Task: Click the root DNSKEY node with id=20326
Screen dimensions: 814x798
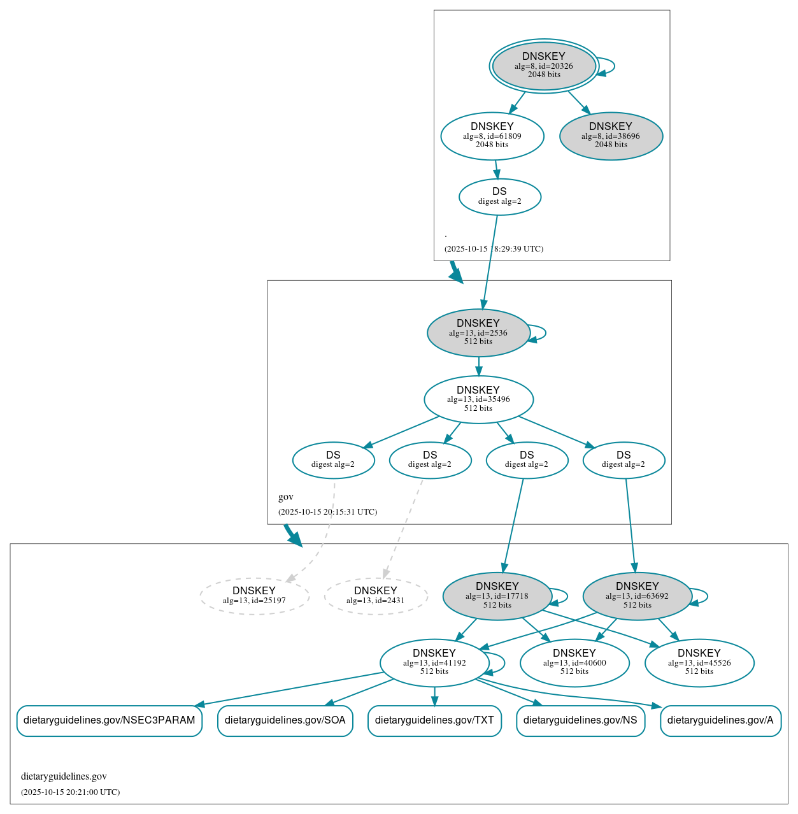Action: [543, 66]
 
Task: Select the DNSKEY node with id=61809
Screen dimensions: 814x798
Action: [492, 136]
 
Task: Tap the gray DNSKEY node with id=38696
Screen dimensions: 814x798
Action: [611, 136]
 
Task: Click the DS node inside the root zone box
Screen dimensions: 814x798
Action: [499, 197]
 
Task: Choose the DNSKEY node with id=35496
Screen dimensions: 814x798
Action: [478, 399]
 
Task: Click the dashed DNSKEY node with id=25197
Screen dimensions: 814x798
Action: [254, 596]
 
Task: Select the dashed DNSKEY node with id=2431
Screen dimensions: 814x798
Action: [375, 596]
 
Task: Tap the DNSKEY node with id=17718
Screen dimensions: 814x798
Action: [497, 596]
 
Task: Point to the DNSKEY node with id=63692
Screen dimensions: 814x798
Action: [637, 596]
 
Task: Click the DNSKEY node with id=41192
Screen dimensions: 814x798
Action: [434, 662]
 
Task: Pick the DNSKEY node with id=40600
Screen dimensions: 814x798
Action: [574, 662]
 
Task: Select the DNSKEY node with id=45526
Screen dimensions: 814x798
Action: [699, 662]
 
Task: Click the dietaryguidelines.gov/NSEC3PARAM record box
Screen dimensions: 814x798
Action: [110, 720]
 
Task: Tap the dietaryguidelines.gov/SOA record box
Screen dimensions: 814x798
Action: [285, 720]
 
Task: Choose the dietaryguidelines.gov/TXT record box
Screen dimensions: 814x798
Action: [434, 720]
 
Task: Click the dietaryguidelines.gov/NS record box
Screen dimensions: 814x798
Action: [580, 720]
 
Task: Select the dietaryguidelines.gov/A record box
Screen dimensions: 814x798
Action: [720, 720]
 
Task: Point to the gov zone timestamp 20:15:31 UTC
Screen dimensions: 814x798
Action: [327, 512]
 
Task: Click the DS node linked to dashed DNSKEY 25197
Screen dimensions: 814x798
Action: [333, 460]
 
